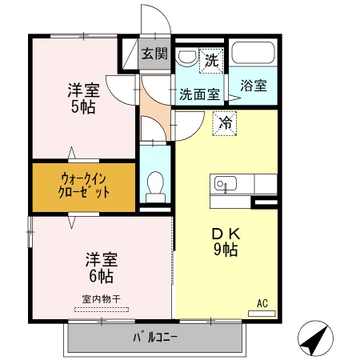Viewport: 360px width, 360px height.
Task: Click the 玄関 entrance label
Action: point(155,54)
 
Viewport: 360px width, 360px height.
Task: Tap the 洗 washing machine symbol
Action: point(211,58)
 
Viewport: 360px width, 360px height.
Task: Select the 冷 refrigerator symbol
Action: point(225,124)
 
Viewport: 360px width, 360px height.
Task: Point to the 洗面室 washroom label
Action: point(199,93)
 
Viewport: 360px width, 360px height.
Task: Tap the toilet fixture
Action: point(155,186)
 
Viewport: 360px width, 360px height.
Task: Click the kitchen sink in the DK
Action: point(224,184)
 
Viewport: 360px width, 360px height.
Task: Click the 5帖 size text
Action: point(82,106)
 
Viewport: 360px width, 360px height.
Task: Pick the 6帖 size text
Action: point(101,276)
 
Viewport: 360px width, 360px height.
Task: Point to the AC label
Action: point(262,302)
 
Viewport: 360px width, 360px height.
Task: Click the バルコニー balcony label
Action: point(155,335)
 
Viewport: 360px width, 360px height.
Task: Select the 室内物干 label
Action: point(101,298)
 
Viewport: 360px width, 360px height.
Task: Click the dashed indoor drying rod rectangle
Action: point(101,308)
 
